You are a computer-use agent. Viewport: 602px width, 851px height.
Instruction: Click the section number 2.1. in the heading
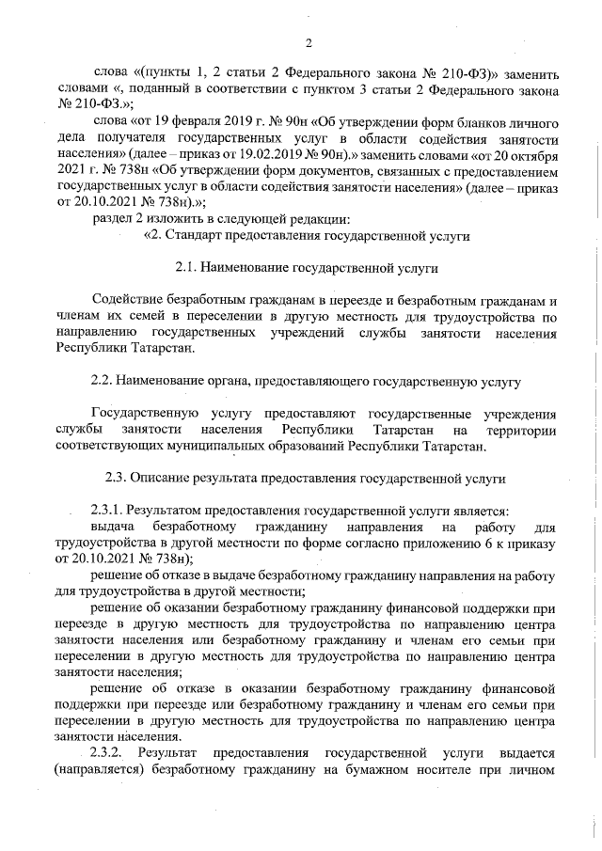pos(187,268)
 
